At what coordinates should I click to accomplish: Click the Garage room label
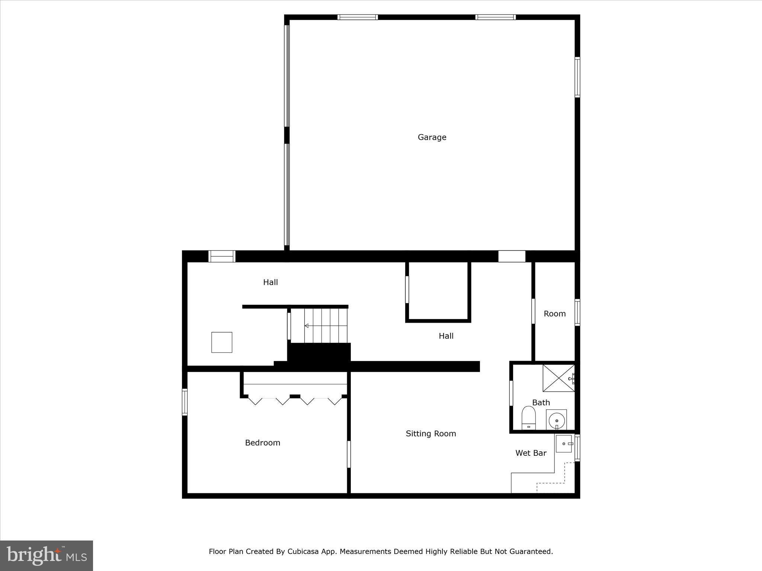432,137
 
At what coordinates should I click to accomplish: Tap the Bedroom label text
262,443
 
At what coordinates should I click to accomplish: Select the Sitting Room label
430,433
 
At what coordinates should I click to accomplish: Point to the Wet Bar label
531,453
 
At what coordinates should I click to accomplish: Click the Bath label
541,403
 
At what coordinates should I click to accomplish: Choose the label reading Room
554,314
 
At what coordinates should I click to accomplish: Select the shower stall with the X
558,378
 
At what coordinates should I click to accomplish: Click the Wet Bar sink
564,444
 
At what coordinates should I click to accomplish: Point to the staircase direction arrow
307,326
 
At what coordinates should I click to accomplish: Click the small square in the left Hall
222,342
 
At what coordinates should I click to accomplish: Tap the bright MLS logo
47,556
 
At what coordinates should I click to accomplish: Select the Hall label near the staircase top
270,283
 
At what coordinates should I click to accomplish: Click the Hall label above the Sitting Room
446,336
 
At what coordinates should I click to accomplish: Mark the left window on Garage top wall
358,17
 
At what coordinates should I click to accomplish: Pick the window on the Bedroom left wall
185,402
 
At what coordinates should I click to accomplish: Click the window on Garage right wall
577,77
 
